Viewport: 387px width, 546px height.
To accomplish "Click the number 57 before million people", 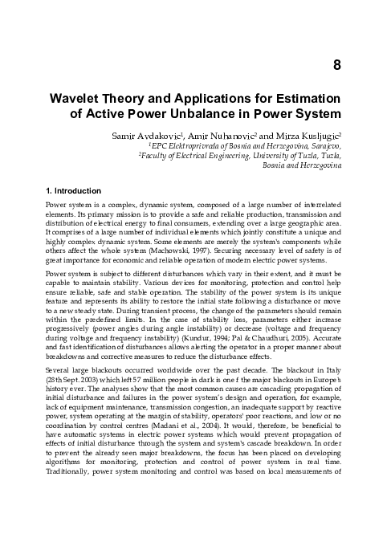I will pyautogui.click(x=170, y=377).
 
